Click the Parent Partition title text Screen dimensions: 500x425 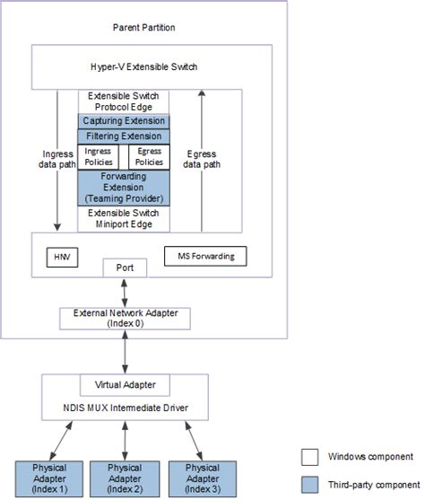click(x=143, y=28)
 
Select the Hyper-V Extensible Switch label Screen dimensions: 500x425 click(x=144, y=67)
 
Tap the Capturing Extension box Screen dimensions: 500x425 click(x=125, y=121)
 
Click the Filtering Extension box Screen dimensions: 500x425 click(x=125, y=136)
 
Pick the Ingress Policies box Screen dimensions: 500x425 click(x=99, y=156)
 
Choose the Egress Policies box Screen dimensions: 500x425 click(x=149, y=156)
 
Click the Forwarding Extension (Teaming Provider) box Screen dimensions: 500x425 click(x=125, y=189)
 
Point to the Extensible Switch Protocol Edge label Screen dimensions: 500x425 click(x=125, y=101)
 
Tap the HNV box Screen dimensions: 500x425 click(x=62, y=258)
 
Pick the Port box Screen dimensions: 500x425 click(x=125, y=268)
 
